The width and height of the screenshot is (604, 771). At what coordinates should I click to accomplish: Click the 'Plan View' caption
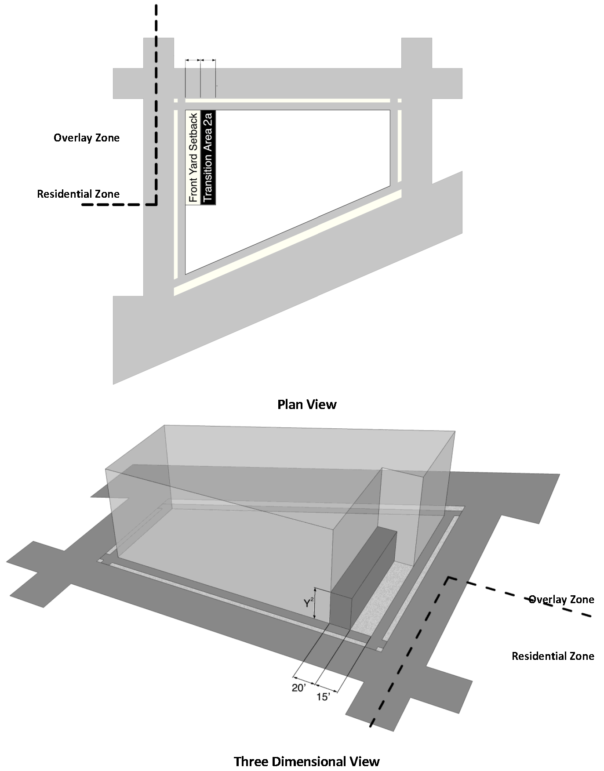pyautogui.click(x=307, y=404)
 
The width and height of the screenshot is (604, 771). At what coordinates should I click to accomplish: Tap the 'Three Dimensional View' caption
pyautogui.click(x=306, y=761)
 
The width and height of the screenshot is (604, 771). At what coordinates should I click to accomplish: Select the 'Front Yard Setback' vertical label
pyautogui.click(x=193, y=157)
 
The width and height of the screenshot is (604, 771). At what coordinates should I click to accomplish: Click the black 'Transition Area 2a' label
pyautogui.click(x=208, y=157)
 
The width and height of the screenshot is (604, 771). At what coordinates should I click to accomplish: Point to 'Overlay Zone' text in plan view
pyautogui.click(x=87, y=138)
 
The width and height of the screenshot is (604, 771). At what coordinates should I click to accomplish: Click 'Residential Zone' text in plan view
pyautogui.click(x=78, y=194)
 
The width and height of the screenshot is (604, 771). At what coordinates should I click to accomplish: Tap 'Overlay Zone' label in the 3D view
pyautogui.click(x=561, y=600)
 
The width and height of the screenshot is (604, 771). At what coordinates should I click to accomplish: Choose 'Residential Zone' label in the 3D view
pyautogui.click(x=553, y=656)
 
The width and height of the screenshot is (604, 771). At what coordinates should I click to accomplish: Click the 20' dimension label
pyautogui.click(x=299, y=688)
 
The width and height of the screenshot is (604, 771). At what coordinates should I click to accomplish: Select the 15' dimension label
pyautogui.click(x=323, y=697)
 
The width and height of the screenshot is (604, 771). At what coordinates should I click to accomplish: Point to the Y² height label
pyautogui.click(x=308, y=604)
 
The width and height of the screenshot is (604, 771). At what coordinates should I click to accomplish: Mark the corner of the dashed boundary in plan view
pyautogui.click(x=156, y=204)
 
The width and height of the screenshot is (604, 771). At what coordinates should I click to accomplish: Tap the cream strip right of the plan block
pyautogui.click(x=400, y=145)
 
